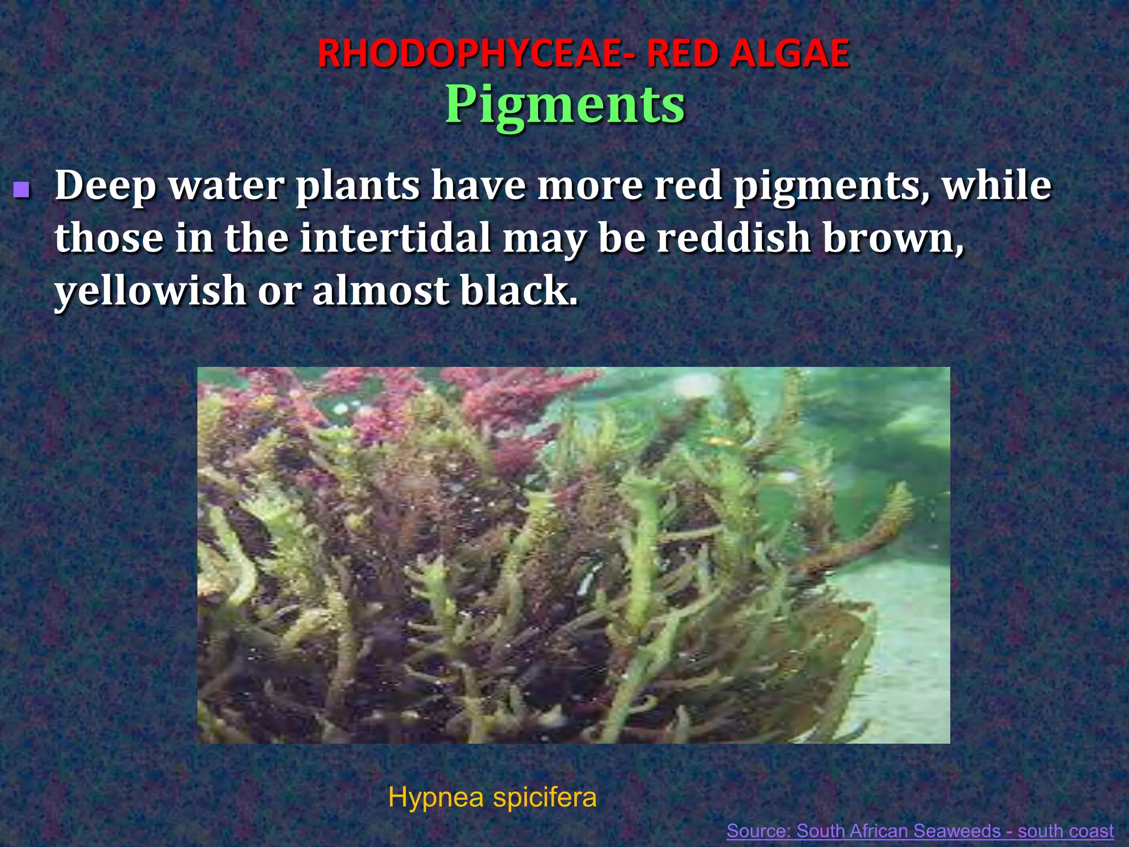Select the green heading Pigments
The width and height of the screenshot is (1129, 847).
tap(564, 105)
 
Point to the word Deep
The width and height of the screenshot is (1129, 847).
tap(105, 186)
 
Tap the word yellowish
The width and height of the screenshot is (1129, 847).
tap(150, 291)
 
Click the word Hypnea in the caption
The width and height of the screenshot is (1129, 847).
tap(436, 798)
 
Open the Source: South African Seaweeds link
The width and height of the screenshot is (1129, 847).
tap(920, 830)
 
